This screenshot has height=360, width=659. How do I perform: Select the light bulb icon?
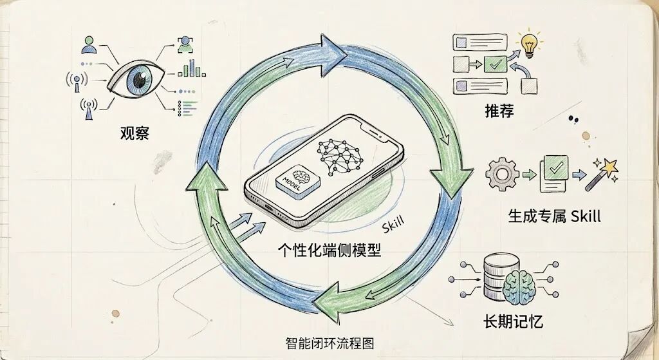pyautogui.click(x=530, y=44)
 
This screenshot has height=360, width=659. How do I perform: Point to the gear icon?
pyautogui.click(x=501, y=173)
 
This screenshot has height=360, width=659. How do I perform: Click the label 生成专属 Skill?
pyautogui.click(x=554, y=216)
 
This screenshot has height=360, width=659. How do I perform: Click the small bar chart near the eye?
pyautogui.click(x=189, y=68)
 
